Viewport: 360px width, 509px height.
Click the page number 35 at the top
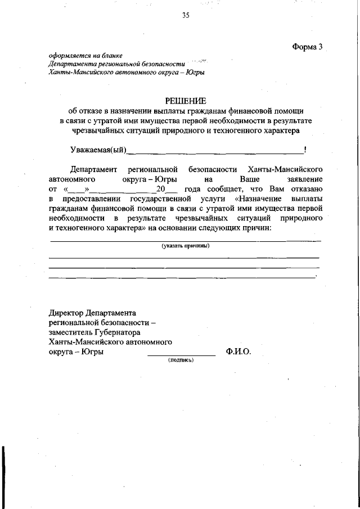(x=185, y=15)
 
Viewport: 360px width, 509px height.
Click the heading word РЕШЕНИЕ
(x=186, y=101)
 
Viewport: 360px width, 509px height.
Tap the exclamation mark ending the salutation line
(x=304, y=149)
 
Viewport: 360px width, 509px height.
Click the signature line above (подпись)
(x=181, y=355)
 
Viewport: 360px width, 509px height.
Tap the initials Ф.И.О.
(x=238, y=352)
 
